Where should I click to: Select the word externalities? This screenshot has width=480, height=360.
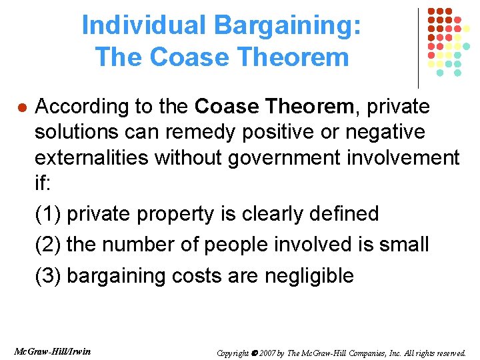click(x=92, y=157)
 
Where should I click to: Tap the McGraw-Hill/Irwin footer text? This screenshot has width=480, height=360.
click(x=52, y=351)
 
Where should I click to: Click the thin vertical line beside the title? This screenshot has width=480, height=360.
click(x=418, y=47)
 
